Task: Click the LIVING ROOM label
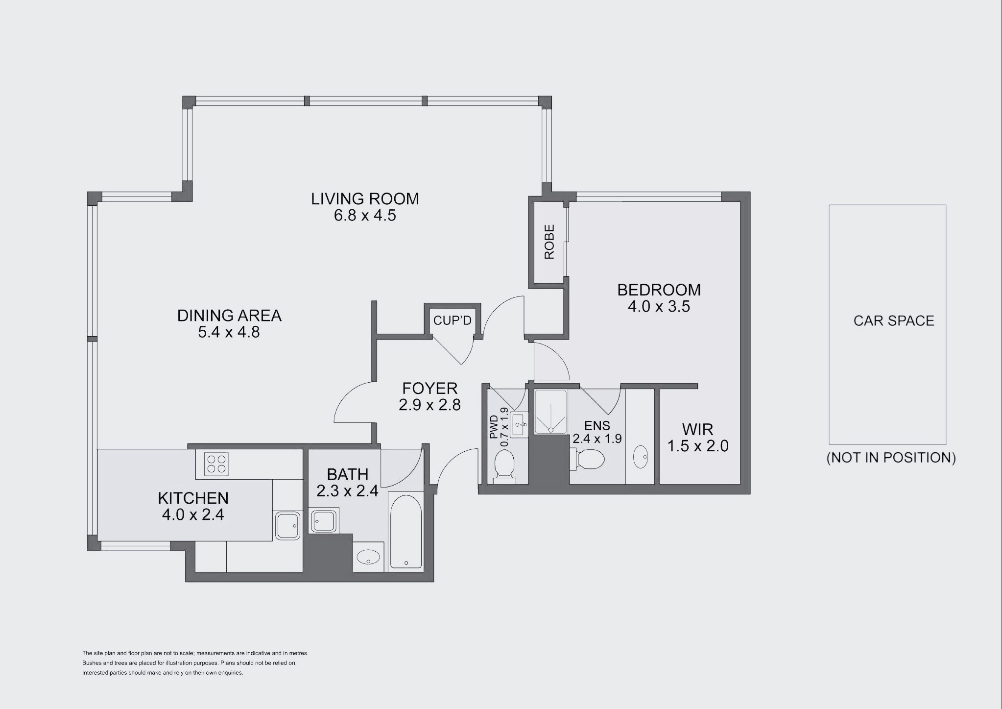365,199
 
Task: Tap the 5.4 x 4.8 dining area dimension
229,332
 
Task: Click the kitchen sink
287,526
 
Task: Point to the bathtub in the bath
406,532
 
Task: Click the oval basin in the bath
368,557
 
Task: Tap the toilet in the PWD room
504,465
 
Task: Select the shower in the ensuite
550,412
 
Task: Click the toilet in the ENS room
590,460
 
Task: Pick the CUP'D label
452,320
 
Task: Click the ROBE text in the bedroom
549,242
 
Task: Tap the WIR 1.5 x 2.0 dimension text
698,446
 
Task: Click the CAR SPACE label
894,321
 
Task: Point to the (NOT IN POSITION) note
891,458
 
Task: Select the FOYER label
429,389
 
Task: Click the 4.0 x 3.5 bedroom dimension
659,307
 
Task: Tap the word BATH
347,474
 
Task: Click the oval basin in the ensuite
640,457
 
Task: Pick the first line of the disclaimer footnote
195,653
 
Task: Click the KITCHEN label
193,498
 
